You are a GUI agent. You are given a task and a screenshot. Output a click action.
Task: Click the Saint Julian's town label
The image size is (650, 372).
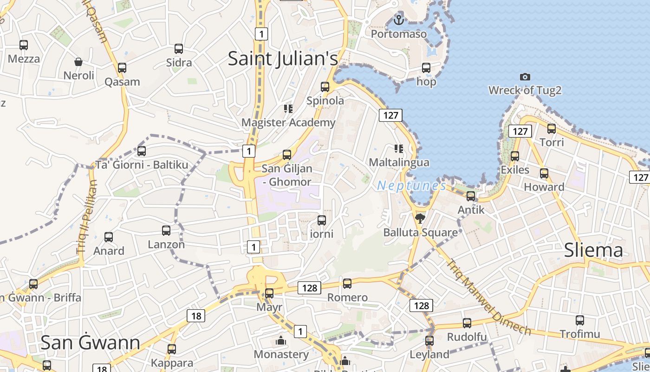283,59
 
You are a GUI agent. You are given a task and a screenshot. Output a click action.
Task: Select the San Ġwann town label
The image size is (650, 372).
90,342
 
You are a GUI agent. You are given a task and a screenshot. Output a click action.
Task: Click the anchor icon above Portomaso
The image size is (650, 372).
398,20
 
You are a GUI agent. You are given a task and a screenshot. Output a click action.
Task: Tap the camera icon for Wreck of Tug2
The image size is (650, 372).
525,77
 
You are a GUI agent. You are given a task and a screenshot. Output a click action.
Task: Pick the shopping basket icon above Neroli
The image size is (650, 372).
78,62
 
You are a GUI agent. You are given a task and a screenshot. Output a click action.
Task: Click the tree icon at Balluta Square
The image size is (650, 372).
420,218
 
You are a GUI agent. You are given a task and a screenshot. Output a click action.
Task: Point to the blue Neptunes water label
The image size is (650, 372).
411,186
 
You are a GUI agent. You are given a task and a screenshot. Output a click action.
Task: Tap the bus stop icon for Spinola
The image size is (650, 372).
325,87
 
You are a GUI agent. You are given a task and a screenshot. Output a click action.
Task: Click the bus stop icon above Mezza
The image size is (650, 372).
24,45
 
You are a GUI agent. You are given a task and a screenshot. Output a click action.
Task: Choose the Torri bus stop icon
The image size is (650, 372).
552,129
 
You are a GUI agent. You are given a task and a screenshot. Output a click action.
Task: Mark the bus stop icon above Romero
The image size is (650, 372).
347,284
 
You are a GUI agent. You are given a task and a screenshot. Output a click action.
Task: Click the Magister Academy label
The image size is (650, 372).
288,123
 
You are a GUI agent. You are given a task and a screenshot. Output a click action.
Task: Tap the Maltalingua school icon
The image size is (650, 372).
398,149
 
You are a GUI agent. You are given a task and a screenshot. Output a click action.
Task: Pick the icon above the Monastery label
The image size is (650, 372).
281,341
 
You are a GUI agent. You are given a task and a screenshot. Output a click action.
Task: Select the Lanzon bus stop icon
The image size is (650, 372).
166,231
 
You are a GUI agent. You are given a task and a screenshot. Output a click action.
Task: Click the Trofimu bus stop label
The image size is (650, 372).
579,334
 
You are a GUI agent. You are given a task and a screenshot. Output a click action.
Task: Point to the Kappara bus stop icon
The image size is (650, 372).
172,349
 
